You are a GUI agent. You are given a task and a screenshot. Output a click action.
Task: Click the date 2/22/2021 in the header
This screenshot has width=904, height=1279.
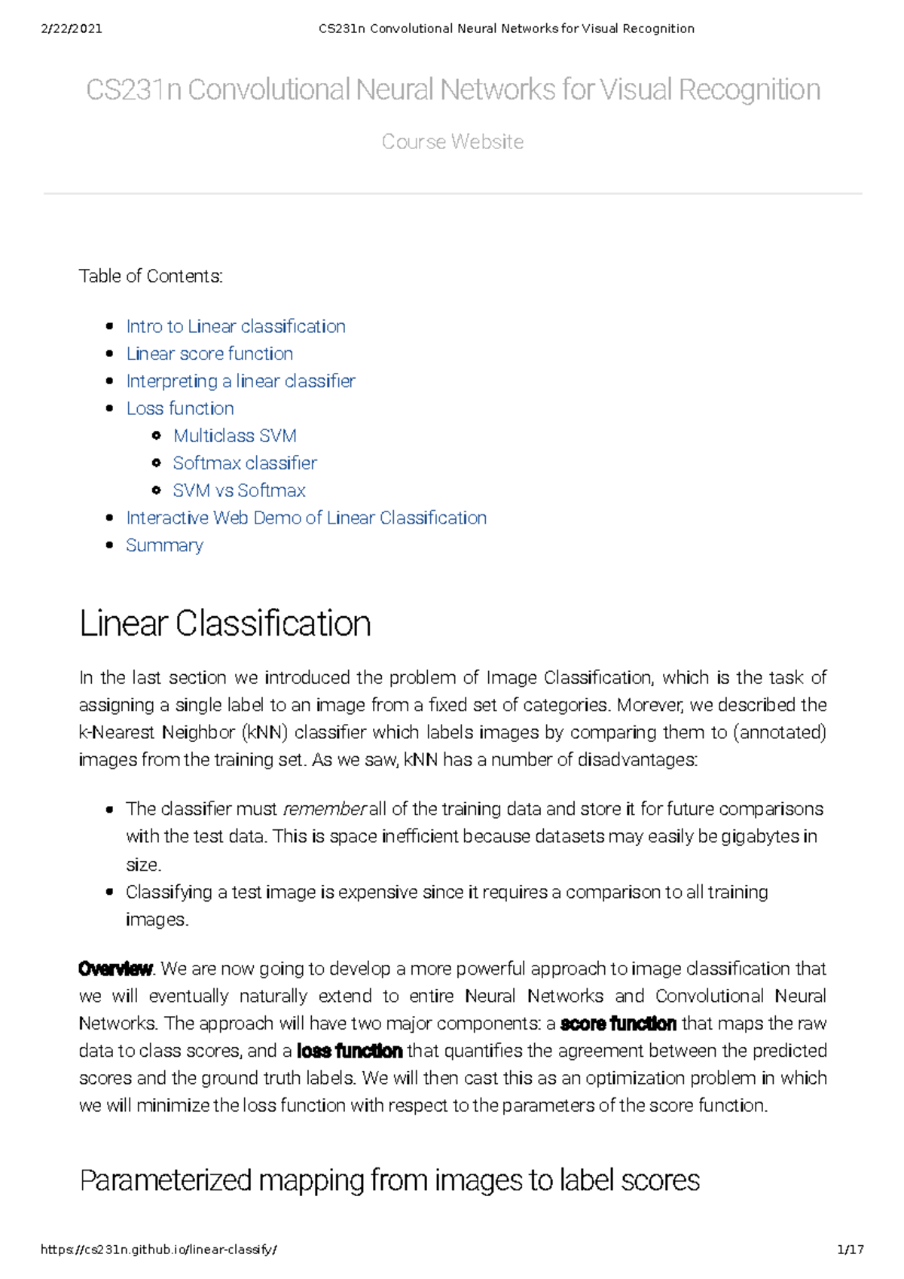(72, 29)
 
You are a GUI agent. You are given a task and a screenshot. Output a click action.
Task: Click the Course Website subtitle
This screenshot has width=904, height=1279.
(452, 142)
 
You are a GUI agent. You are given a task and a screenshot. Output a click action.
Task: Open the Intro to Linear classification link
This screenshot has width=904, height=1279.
(236, 326)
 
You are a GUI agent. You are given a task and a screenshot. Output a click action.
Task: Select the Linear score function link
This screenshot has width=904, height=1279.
(209, 353)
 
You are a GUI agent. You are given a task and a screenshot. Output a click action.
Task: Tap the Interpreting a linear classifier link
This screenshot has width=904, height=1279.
(240, 381)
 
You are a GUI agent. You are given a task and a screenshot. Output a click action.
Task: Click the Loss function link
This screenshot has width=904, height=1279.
(180, 408)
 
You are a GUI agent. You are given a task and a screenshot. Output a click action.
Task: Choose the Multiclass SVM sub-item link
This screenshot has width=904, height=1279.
(235, 435)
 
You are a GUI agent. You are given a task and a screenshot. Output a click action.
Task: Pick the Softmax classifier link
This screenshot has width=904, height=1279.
(245, 463)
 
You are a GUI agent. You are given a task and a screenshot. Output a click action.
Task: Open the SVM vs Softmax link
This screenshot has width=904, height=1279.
(239, 490)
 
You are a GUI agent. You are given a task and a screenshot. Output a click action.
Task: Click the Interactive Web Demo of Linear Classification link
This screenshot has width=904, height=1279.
(306, 518)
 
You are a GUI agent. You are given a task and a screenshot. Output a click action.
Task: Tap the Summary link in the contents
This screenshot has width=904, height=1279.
(164, 545)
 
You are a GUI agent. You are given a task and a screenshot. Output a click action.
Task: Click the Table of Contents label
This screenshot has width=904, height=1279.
(151, 276)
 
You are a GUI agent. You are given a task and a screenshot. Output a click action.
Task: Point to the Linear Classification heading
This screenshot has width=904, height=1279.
(224, 624)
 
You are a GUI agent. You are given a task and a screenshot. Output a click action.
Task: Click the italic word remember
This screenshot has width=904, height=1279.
(324, 810)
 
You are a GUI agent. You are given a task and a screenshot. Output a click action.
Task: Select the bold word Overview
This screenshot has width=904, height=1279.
(115, 969)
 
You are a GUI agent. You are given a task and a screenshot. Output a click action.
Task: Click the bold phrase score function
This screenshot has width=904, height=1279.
(618, 1024)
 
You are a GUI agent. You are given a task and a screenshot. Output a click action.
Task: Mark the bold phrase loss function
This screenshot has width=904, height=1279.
(350, 1051)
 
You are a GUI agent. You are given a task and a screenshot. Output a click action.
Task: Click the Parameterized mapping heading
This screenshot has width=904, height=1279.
(389, 1180)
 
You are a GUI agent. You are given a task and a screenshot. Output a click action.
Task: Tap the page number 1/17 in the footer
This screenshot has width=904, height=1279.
(850, 1250)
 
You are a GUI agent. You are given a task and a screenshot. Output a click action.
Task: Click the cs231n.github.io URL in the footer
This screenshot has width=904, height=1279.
(159, 1250)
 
